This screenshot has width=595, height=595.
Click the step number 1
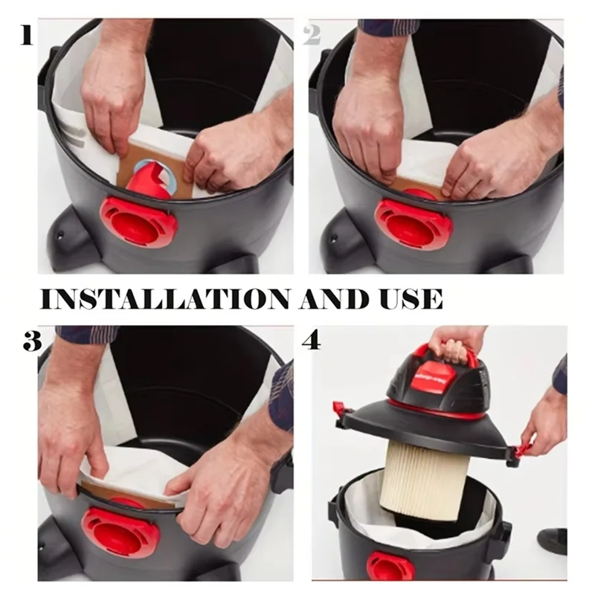(27, 34)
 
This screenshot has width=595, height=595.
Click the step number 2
(312, 34)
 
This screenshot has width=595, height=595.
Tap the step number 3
(30, 341)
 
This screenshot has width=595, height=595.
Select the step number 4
(311, 341)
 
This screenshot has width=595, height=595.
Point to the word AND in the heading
(331, 298)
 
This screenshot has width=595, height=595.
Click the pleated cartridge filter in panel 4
(425, 480)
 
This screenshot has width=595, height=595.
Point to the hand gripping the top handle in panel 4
(455, 342)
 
